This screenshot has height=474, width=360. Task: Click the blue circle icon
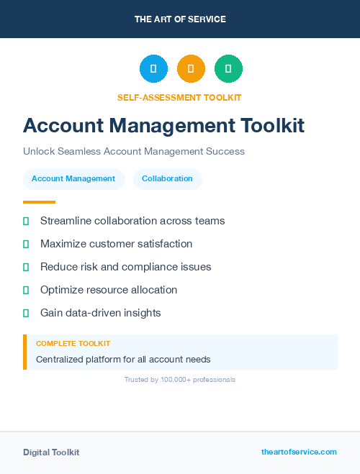(153, 69)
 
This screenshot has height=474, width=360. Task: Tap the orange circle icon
(191, 69)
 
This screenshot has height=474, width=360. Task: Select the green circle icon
(228, 69)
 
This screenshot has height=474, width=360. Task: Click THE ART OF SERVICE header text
(180, 19)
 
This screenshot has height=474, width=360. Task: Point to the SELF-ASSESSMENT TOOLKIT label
(179, 97)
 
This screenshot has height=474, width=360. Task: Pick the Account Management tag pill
(73, 178)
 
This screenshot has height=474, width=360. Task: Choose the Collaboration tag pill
(167, 178)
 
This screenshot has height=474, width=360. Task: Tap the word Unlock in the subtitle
(38, 152)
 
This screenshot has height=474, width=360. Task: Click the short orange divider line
(39, 202)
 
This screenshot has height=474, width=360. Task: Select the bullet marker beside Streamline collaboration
(26, 221)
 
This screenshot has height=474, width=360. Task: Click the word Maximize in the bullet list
(64, 244)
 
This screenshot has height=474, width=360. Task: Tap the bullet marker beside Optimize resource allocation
(26, 290)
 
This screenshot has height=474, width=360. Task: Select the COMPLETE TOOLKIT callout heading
(73, 344)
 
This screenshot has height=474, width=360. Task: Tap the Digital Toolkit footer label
(51, 452)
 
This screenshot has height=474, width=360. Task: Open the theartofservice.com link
(299, 452)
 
